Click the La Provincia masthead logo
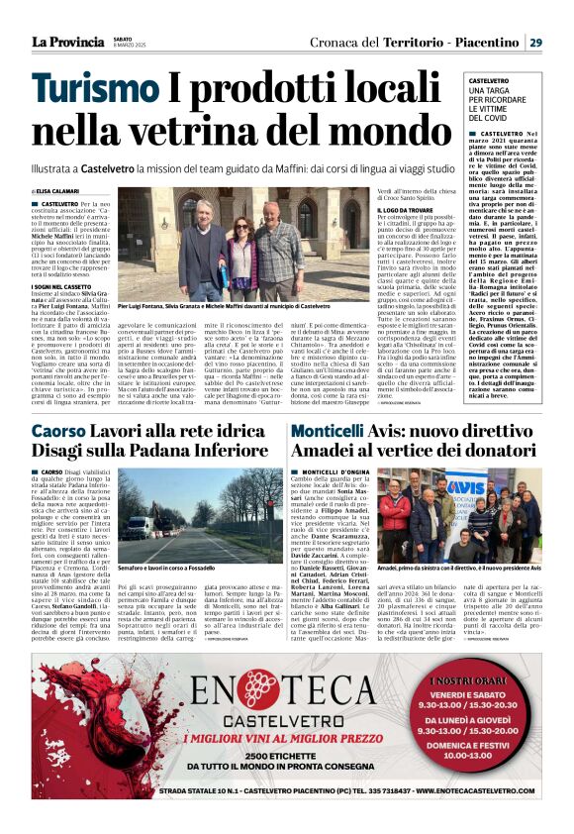point(66,42)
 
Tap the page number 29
point(534,42)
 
